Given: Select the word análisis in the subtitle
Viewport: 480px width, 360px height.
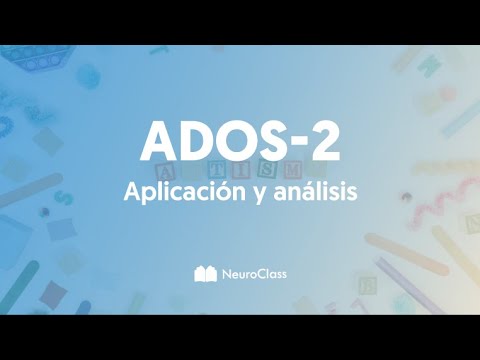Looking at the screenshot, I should (316, 192).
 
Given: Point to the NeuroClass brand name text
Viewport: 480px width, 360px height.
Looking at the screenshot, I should (251, 271).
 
